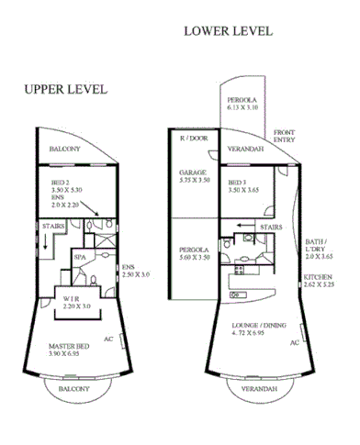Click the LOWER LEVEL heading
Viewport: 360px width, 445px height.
click(x=228, y=30)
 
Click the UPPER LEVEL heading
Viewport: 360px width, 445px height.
click(x=66, y=89)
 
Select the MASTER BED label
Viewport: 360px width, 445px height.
click(x=68, y=346)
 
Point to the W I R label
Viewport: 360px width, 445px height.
click(x=70, y=299)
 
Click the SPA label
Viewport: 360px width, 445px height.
click(x=80, y=257)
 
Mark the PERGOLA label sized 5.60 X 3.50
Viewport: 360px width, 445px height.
click(x=194, y=250)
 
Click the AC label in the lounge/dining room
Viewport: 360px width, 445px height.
click(x=295, y=342)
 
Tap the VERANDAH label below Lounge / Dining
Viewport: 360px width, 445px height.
click(x=253, y=390)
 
